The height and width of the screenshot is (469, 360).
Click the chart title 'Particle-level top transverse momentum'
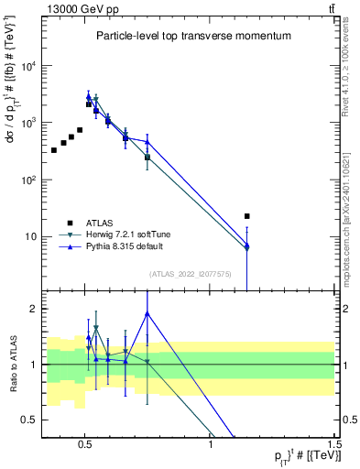tap(193, 37)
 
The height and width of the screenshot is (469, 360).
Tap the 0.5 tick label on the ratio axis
tap(29, 420)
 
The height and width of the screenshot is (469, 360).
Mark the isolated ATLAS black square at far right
tap(247, 216)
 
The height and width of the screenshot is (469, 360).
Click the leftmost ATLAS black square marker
tap(54, 150)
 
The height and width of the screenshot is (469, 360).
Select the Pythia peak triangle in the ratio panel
tap(147, 313)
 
